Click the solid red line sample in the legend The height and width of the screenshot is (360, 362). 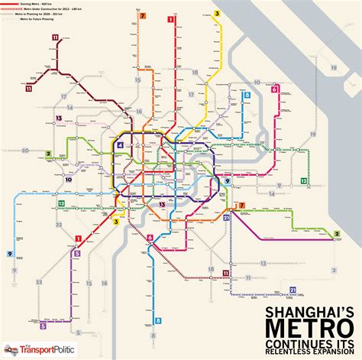[10, 4]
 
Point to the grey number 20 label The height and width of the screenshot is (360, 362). [25, 150]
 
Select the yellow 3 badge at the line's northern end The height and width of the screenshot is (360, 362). [217, 13]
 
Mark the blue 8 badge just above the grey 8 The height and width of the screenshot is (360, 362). [159, 321]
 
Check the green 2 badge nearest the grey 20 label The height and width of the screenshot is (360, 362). [47, 153]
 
